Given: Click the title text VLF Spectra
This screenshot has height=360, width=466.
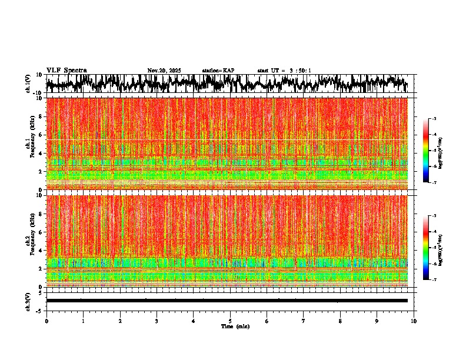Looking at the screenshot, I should coord(66,71).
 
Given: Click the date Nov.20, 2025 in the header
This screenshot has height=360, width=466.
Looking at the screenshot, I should coord(164,71).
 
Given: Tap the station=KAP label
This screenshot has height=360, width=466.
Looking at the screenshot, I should coord(218,71).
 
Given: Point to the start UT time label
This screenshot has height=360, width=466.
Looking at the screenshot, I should coord(284,71).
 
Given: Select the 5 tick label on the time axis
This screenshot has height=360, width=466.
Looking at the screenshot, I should coord(231,321).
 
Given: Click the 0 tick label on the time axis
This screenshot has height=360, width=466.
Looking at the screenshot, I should coord(46,321).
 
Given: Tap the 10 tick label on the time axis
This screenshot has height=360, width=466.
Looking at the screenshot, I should coord(414,321).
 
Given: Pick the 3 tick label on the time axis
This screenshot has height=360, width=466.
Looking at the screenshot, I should coord(157,321).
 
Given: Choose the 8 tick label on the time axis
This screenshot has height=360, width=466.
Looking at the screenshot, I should coord(341,321).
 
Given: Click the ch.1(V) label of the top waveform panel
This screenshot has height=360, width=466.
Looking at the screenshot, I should coord(28,84).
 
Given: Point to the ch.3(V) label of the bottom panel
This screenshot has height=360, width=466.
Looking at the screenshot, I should coord(28,301).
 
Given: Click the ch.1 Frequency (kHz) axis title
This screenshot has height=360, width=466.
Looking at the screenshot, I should coord(30,144).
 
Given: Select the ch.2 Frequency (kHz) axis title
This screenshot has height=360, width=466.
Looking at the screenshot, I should coord(30,240).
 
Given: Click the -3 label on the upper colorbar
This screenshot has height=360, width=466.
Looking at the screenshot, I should coord(434,119).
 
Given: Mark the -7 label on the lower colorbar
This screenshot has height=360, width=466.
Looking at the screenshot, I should coord(434,280).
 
